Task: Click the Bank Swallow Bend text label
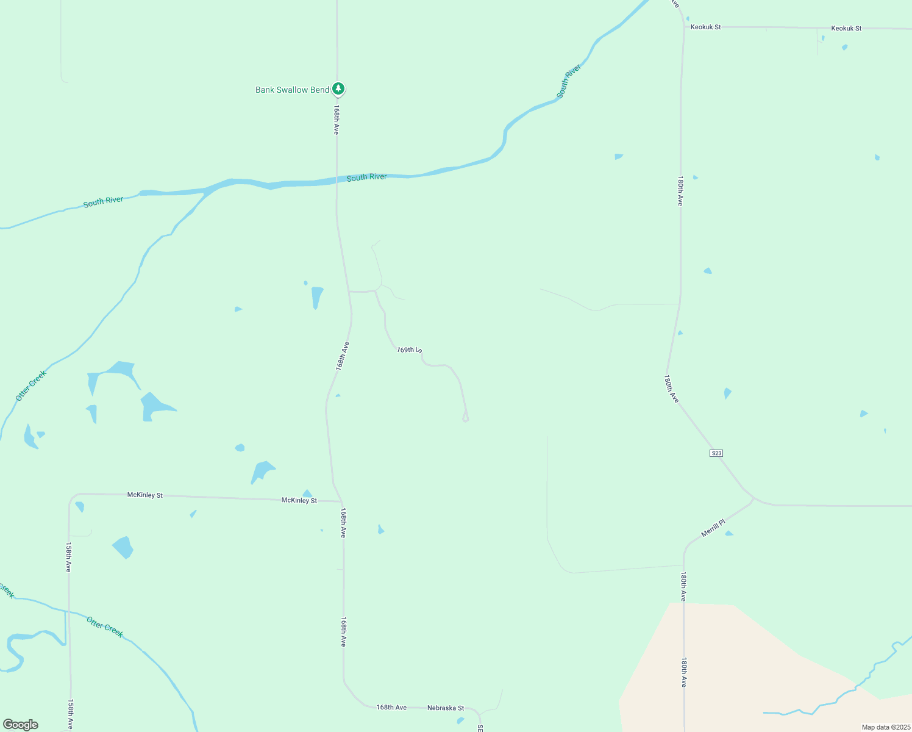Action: (x=292, y=90)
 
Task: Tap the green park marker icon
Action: (x=338, y=89)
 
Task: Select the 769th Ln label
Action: (x=409, y=350)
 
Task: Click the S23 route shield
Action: (x=716, y=453)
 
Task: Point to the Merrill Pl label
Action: (x=713, y=528)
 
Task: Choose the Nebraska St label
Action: (x=445, y=708)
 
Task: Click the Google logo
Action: (x=21, y=725)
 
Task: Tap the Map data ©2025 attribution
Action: (x=886, y=727)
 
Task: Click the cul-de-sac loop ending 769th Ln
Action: (x=466, y=418)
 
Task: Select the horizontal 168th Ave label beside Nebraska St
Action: (x=391, y=708)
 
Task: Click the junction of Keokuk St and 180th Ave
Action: (x=684, y=27)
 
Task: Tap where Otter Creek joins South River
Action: (x=210, y=190)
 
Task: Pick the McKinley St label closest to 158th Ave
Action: (x=145, y=495)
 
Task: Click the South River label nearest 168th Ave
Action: (x=366, y=178)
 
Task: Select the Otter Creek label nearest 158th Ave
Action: (x=105, y=627)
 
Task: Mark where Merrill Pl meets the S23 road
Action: (x=753, y=500)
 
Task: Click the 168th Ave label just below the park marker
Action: (x=336, y=120)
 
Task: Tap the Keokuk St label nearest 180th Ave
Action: (x=705, y=27)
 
